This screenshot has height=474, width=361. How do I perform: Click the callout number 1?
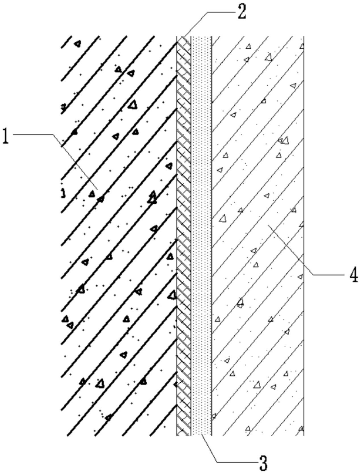coord(6,136)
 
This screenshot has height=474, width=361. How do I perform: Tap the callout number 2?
coord(241,13)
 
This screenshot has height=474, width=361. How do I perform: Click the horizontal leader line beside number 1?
coord(33,134)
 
